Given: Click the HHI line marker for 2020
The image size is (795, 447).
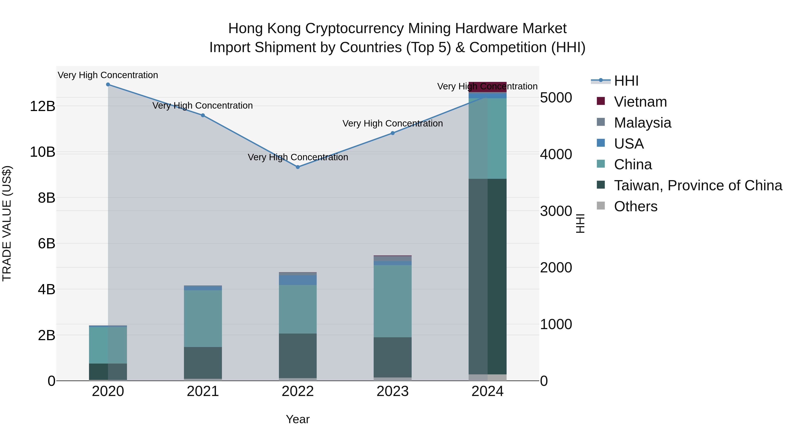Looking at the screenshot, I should pyautogui.click(x=108, y=85).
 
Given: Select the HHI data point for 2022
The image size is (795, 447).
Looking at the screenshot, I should pyautogui.click(x=298, y=167).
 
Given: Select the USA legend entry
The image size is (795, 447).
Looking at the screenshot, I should pyautogui.click(x=629, y=144).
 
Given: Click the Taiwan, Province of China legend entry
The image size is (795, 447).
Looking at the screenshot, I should pyautogui.click(x=698, y=185).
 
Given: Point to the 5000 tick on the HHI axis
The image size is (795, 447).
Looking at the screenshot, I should pyautogui.click(x=556, y=98).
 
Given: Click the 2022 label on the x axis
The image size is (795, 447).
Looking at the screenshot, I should pyautogui.click(x=298, y=391).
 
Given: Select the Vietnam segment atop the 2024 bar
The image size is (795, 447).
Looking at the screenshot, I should pyautogui.click(x=488, y=87).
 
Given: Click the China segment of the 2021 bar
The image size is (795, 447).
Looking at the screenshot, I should pyautogui.click(x=203, y=318).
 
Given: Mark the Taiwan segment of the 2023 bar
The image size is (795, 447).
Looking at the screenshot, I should pyautogui.click(x=393, y=357).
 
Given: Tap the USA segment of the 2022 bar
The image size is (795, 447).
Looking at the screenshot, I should pyautogui.click(x=298, y=280).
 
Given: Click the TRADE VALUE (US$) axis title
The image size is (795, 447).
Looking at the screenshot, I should pyautogui.click(x=7, y=223).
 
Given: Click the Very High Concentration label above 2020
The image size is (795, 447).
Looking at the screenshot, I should pyautogui.click(x=108, y=75).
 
